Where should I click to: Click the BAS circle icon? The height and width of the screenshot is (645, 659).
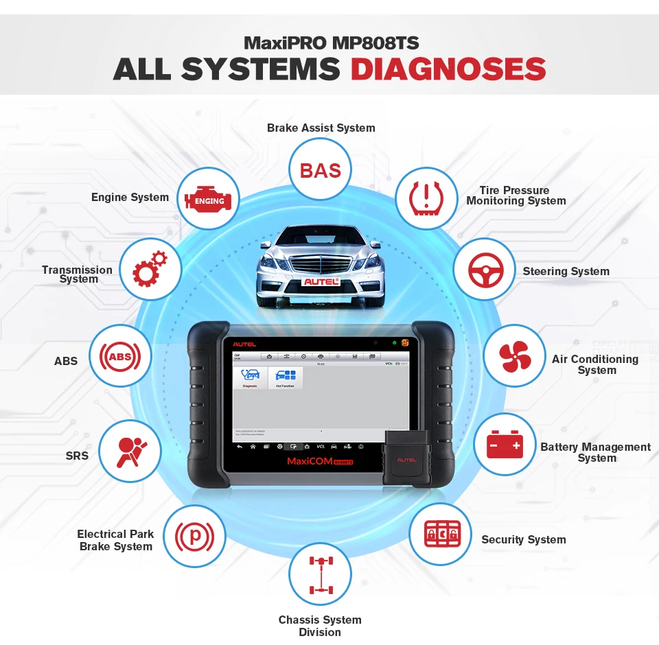pyautogui.click(x=321, y=169)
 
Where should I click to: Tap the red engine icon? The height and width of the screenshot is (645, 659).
pyautogui.click(x=209, y=200)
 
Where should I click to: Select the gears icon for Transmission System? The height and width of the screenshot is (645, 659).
pyautogui.click(x=150, y=269)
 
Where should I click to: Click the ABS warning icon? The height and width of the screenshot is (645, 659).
pyautogui.click(x=120, y=356)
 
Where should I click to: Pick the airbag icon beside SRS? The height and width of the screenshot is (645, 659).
pyautogui.click(x=130, y=452)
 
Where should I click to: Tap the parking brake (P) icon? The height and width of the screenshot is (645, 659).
pyautogui.click(x=195, y=535)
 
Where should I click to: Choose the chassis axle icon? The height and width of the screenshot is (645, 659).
pyautogui.click(x=320, y=573)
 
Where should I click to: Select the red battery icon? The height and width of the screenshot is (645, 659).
pyautogui.click(x=505, y=444)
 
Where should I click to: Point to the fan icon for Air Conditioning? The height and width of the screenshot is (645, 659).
pyautogui.click(x=514, y=355)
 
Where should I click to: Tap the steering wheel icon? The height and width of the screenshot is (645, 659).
pyautogui.click(x=485, y=270)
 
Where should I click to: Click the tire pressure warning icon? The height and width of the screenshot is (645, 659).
pyautogui.click(x=426, y=198)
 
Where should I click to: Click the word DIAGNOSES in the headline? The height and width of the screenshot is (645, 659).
pyautogui.click(x=448, y=69)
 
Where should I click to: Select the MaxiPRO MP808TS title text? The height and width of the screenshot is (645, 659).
pyautogui.click(x=331, y=43)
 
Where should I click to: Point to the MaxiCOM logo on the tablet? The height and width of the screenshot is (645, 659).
pyautogui.click(x=309, y=462)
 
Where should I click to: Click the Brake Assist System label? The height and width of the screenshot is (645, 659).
pyautogui.click(x=321, y=128)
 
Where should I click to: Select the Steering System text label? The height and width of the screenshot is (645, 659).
pyautogui.click(x=566, y=271)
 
